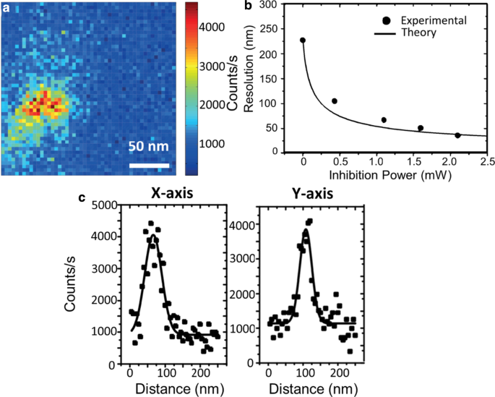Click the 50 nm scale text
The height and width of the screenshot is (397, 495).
click(x=148, y=147)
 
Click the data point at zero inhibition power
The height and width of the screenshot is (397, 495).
click(x=303, y=40)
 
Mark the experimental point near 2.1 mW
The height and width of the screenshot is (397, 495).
click(x=457, y=135)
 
